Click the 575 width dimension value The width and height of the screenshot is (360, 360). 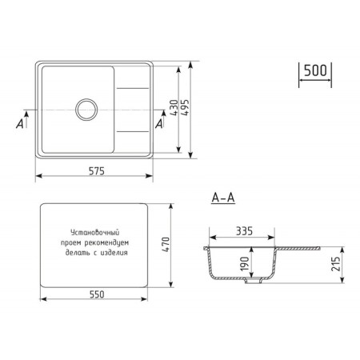tap(97, 171)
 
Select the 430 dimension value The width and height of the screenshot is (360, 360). tap(174, 107)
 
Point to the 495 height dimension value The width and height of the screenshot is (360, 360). tap(185, 107)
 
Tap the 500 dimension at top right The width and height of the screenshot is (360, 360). tap(315, 70)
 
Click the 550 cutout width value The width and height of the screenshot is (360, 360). tap(97, 294)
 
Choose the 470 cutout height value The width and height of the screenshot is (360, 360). tap(166, 245)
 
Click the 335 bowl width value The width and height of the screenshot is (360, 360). tap(244, 231)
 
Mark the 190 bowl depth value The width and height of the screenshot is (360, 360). tap(245, 264)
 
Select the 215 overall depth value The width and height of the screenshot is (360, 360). tap(336, 264)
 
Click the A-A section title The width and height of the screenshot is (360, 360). tap(223, 198)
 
